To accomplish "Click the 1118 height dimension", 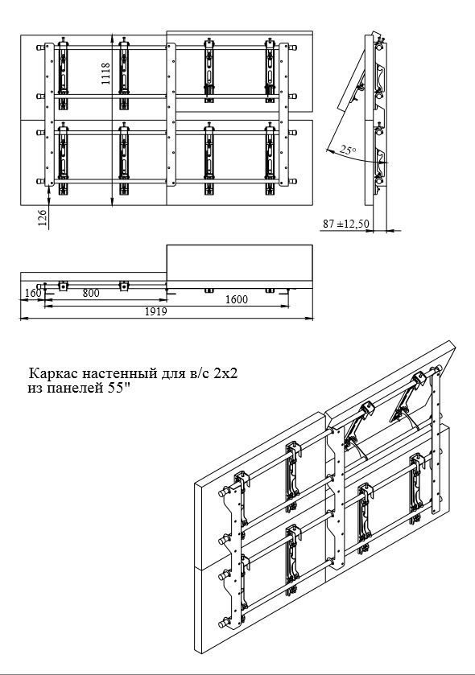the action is pos(106,73).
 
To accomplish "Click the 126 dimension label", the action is pos(43,218).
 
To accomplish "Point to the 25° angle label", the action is pos(348,150).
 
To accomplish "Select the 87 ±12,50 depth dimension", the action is pos(346,224).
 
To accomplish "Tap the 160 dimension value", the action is pos(33,293).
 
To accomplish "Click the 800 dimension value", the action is pos(91,293).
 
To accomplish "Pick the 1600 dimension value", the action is pos(237,299).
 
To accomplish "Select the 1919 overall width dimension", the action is pos(155,311).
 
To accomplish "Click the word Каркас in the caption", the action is pos(53,372).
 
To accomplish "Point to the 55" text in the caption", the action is pos(120,388).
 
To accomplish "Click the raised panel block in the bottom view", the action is pos(239,266).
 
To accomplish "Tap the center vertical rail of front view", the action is pos(171,114).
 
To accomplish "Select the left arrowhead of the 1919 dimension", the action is pos(23,319).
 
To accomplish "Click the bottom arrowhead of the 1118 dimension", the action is pos(112,201).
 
